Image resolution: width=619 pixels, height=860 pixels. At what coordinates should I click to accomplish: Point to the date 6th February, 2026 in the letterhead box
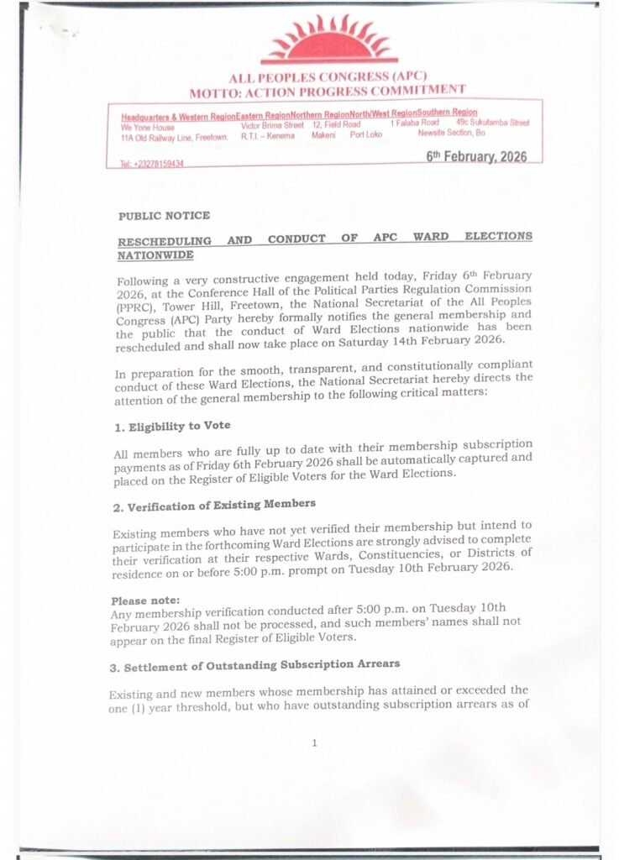tap(476, 157)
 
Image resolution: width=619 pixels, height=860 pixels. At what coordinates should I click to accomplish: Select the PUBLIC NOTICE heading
tap(164, 216)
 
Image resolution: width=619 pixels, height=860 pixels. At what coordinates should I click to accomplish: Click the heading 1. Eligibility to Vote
tap(171, 427)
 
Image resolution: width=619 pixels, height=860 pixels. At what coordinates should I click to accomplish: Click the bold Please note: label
tap(145, 600)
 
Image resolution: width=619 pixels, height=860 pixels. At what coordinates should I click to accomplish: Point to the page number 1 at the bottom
tap(314, 742)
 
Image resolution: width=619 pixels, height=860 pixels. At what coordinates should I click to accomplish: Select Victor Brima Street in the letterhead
tap(272, 125)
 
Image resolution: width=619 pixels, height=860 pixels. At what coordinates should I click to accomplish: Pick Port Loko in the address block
tap(365, 134)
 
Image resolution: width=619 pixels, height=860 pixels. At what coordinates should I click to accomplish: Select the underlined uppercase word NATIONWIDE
tap(155, 254)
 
